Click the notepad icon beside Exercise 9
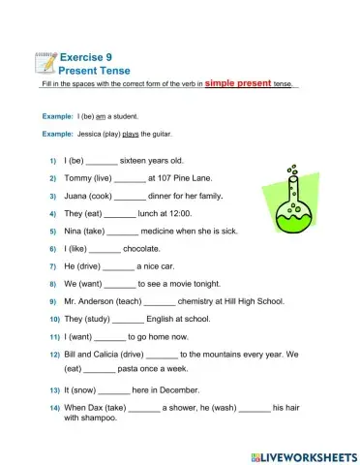(x=45, y=62)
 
